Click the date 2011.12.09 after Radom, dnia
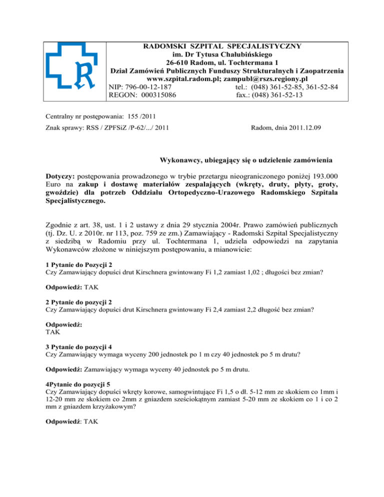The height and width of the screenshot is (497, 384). coord(300,128)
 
